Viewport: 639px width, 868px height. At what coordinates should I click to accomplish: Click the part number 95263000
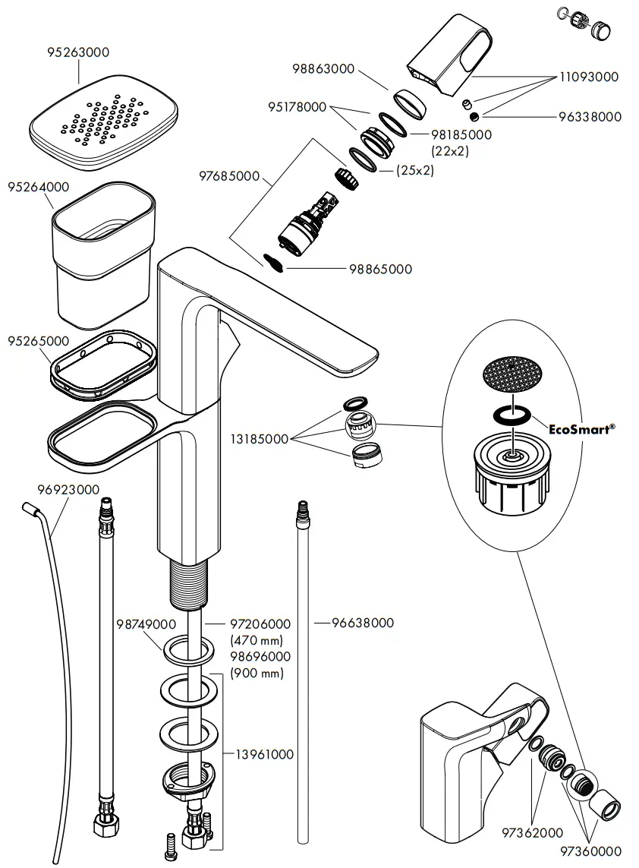tap(78, 53)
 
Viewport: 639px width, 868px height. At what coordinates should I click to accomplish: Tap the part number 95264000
tap(38, 187)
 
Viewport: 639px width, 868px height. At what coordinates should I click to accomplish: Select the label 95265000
tap(38, 341)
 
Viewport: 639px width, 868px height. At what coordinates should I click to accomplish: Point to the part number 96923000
tap(68, 490)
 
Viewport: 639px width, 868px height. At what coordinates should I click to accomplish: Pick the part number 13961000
tap(263, 754)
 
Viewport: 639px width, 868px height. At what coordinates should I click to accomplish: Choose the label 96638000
tap(363, 623)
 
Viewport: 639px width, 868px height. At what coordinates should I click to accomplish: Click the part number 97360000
tap(591, 851)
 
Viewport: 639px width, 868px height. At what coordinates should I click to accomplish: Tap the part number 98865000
tap(380, 269)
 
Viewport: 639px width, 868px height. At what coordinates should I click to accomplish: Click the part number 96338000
tap(590, 117)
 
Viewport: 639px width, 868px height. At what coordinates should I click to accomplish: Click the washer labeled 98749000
tap(186, 650)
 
